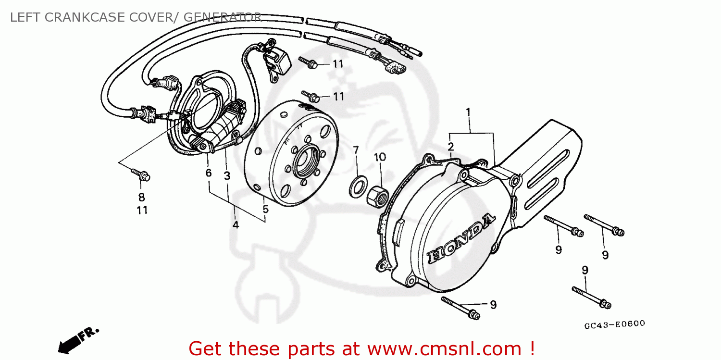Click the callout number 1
coord(468,113)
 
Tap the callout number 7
coord(356,150)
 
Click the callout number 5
coord(265,209)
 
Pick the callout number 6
coord(209,173)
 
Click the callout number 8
coord(142,197)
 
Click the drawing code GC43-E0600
coord(614,324)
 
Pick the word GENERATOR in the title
coord(222,18)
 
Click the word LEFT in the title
coord(24,18)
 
